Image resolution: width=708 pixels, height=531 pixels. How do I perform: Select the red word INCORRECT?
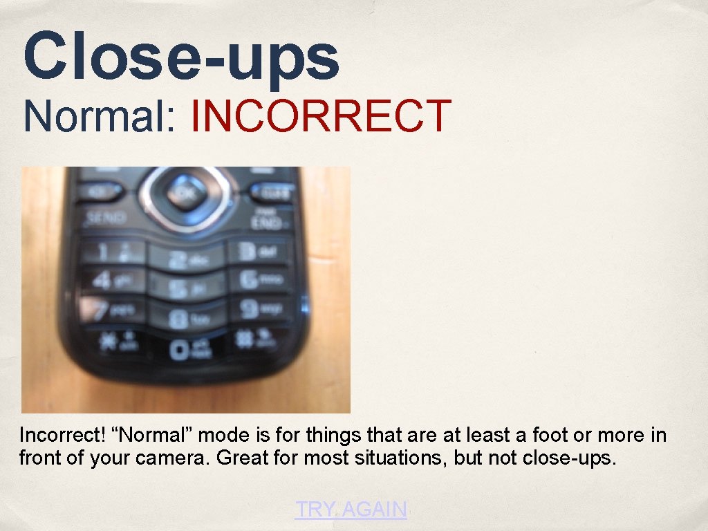tap(321, 116)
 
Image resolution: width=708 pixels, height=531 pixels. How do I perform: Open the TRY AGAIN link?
tap(351, 510)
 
